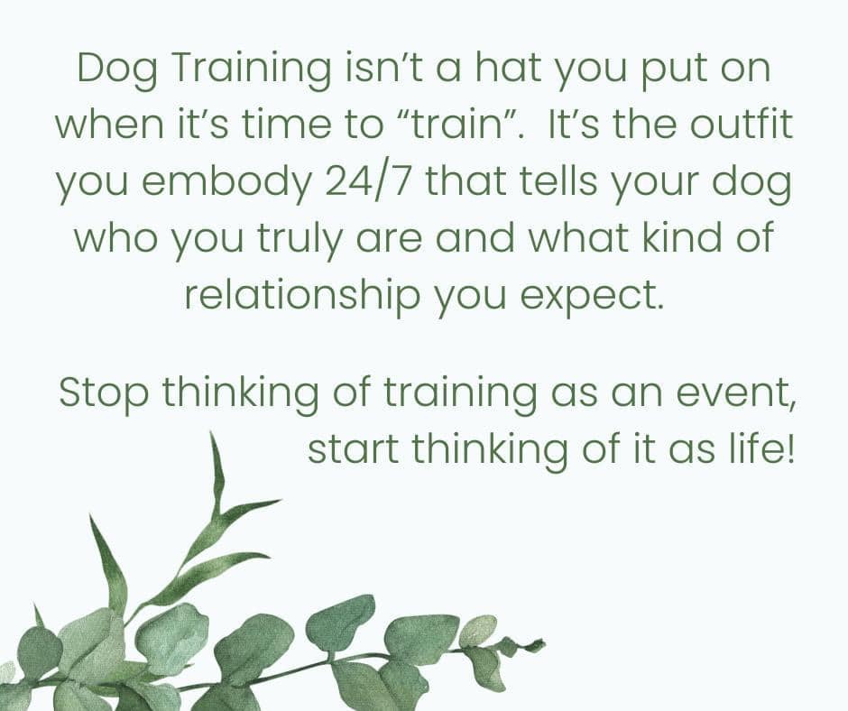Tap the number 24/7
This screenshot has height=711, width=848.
coord(367,181)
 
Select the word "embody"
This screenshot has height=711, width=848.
coord(227,184)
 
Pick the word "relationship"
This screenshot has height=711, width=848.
coord(302,296)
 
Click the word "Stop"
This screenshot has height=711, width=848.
coord(104,393)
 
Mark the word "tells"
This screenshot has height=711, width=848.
coord(561,181)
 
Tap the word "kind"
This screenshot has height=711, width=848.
coord(682,237)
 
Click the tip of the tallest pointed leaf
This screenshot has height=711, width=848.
coord(211,432)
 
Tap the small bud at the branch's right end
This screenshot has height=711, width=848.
coord(537,644)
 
